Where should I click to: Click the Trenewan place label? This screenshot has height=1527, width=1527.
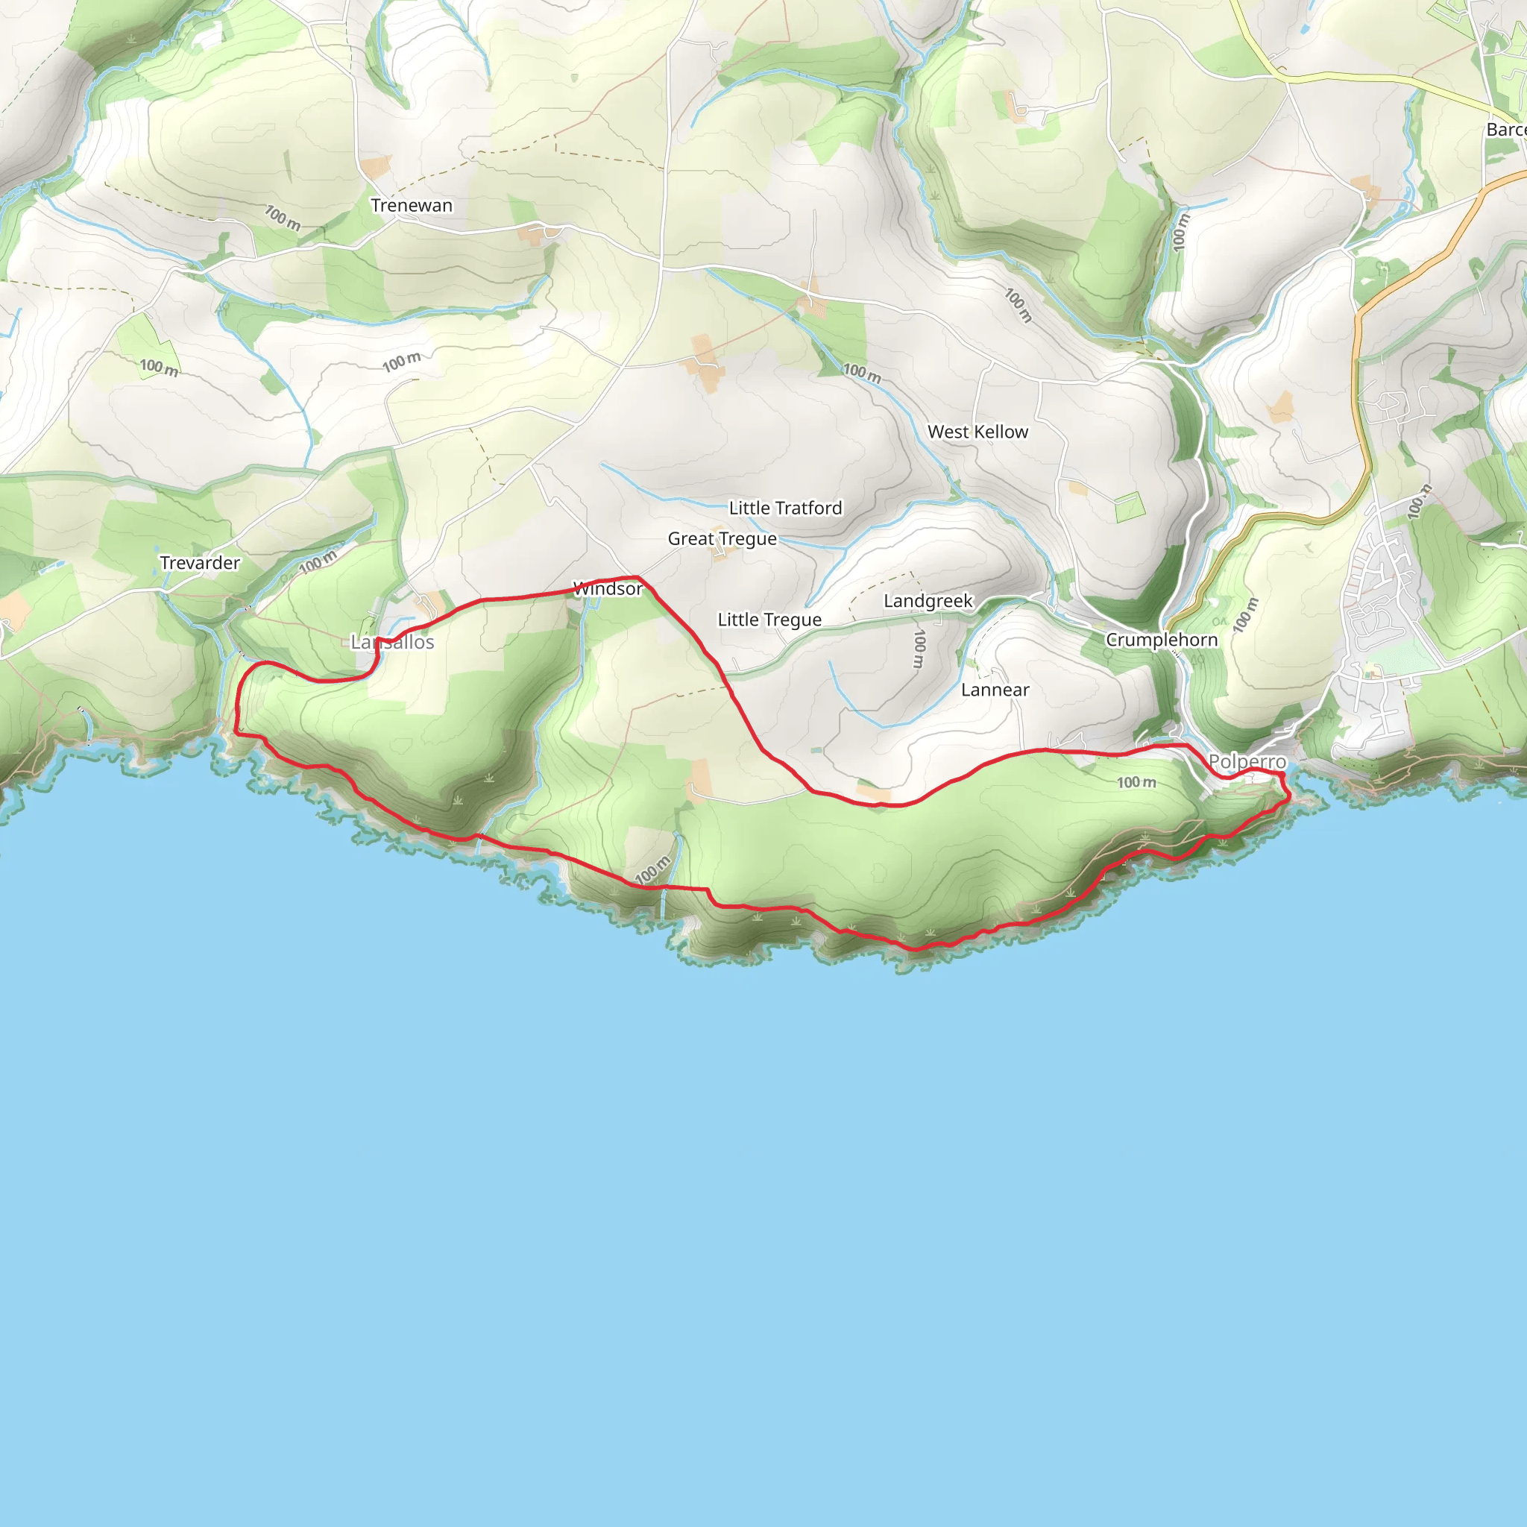[x=412, y=206]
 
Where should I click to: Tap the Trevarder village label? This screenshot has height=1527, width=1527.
[x=200, y=563]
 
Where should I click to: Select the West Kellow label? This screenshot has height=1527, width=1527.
[x=977, y=432]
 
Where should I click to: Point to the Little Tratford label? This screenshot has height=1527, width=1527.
[x=785, y=509]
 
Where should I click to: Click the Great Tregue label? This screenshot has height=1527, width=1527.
[x=722, y=539]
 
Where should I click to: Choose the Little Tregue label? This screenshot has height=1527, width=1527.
[x=769, y=620]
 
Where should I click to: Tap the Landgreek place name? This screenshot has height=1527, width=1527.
[x=928, y=601]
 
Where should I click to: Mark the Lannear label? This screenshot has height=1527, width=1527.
[x=995, y=690]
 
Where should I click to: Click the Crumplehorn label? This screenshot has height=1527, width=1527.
[x=1161, y=640]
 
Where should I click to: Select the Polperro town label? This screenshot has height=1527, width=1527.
[x=1247, y=762]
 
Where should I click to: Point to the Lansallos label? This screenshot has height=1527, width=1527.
[x=393, y=643]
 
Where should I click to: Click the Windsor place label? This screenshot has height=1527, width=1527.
[x=608, y=589]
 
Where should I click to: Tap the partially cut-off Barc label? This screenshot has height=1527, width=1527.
[x=1505, y=130]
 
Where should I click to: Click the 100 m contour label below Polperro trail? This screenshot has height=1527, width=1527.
[x=1136, y=782]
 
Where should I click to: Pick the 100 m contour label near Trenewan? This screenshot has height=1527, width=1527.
[x=282, y=218]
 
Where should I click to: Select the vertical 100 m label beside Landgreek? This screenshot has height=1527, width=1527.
[x=919, y=649]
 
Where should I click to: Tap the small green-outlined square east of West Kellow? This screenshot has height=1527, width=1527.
[x=1130, y=506]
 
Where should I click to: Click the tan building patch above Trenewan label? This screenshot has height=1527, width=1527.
[x=377, y=167]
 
